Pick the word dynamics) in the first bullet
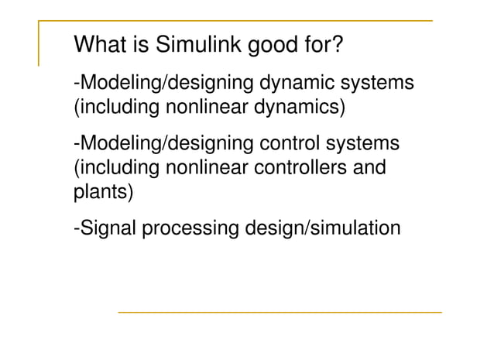tap(297, 106)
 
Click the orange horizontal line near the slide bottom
tap(280, 312)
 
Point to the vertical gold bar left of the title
tap(39, 43)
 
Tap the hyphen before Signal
tap(76, 229)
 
